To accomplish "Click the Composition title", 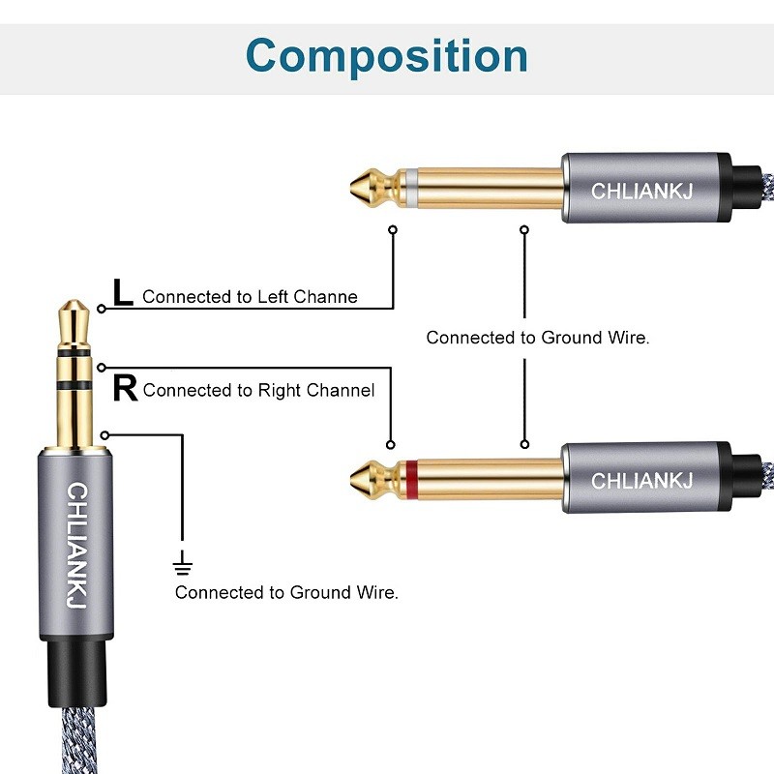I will pos(387,55).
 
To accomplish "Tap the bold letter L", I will pos(123,293).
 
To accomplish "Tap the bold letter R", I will pos(125,388).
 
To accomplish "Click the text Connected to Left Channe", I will pos(250,297).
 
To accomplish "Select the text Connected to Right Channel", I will pos(258,391).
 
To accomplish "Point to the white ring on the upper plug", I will pos(412,188).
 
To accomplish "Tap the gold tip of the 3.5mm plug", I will pos(74,317).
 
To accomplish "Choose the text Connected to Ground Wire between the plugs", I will pos(538,338).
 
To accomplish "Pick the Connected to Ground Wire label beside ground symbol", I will pos(286,592).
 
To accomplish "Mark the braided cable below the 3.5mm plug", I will pos(74,740).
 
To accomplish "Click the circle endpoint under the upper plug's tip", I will pos(393,231).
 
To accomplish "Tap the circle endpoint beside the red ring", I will pos(391,445).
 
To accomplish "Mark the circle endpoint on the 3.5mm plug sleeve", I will pos(104,434).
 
